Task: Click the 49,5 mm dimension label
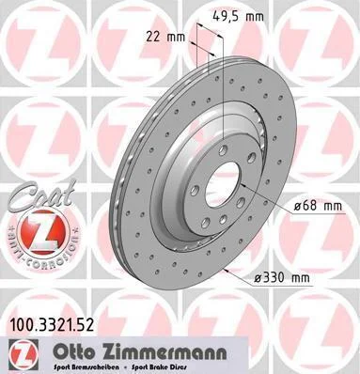[238, 16]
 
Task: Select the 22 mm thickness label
[166, 38]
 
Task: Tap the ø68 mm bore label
[318, 207]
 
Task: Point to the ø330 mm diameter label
[281, 278]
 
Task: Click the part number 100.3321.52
[50, 325]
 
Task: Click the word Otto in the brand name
[74, 352]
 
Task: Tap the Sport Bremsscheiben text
[86, 366]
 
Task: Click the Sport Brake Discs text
[158, 366]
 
